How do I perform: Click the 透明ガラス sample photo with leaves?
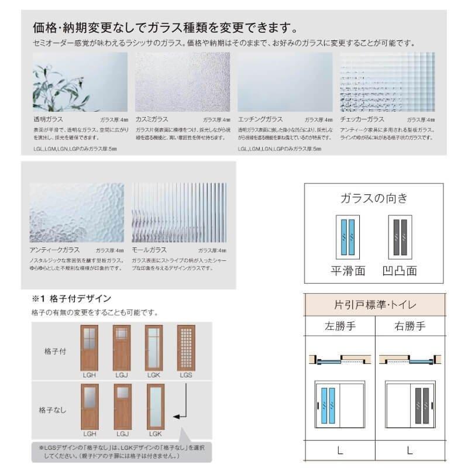coord(80,82)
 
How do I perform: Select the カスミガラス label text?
coord(152,119)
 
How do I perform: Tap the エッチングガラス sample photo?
coord(285,82)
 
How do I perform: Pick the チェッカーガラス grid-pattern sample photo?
coord(387,82)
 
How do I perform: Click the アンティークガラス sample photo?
coord(77,212)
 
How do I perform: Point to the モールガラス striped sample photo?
coord(179,212)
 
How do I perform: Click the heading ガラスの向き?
coord(374,198)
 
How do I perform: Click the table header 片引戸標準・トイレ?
coord(374,305)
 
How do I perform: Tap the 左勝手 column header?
coord(339,326)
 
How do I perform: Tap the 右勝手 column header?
coord(409,326)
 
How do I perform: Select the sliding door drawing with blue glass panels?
coord(339,406)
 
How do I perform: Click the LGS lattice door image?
coord(187,347)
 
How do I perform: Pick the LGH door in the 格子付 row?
coord(90,347)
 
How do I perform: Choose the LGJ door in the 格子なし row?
coord(122,407)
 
